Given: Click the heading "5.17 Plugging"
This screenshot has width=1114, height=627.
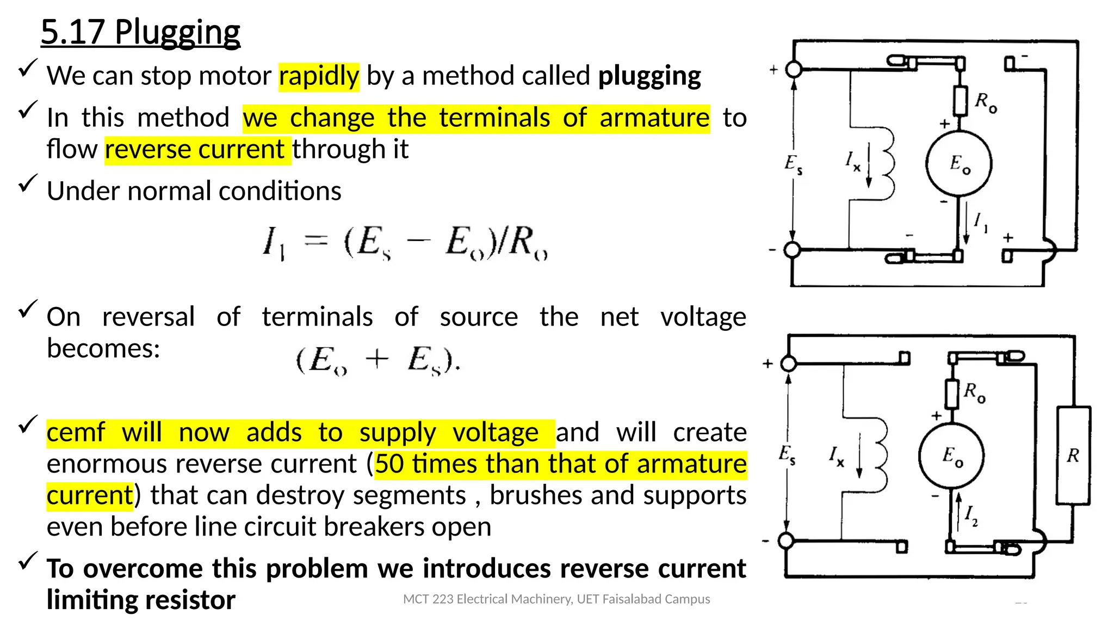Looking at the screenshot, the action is tap(140, 32).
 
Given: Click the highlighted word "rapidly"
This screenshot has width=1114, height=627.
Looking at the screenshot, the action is tap(319, 76).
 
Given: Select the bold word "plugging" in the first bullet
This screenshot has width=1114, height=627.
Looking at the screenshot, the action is tap(649, 76).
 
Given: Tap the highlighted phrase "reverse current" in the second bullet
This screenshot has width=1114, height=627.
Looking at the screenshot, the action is tap(195, 149).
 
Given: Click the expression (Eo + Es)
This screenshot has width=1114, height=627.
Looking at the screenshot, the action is tap(378, 360).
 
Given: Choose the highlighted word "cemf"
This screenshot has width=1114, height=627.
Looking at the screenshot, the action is tap(76, 432).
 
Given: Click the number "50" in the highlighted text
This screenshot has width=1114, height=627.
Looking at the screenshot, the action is tap(389, 464).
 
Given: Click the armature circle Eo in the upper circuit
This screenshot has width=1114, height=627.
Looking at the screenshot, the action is tap(959, 163).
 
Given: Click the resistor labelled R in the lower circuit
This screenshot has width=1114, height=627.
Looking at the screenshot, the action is tap(1073, 456).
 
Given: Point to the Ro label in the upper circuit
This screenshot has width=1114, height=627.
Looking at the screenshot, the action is tap(986, 102).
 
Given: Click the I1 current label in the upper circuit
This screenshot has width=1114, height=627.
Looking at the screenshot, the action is tap(981, 223).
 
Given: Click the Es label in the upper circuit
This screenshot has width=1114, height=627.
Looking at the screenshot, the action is tap(793, 164).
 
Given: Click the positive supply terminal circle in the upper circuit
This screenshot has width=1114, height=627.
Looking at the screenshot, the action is tap(794, 70).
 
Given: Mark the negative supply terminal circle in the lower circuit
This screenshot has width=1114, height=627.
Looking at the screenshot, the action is tap(786, 540).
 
